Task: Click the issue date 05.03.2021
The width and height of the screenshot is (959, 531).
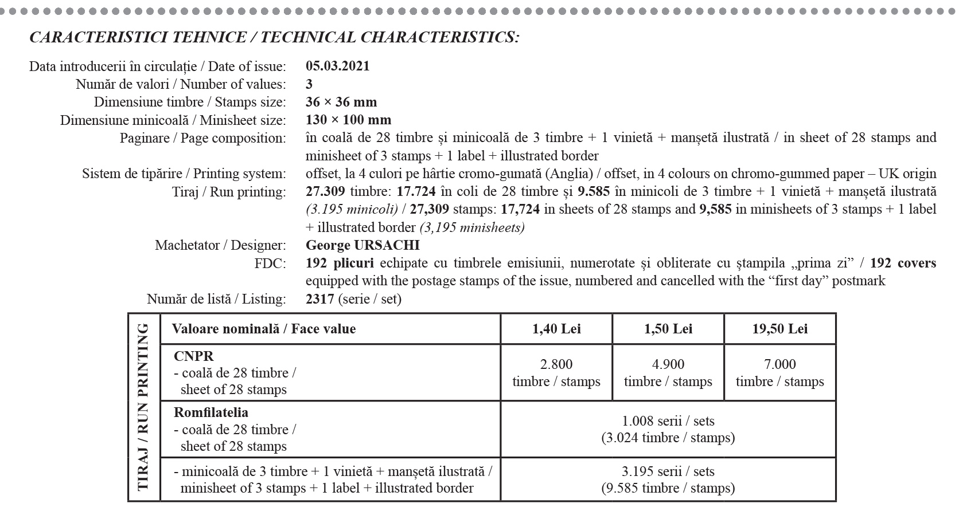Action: click(x=337, y=66)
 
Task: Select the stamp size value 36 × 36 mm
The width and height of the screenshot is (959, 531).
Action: click(x=341, y=102)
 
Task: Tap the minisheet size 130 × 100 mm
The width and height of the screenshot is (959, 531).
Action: click(x=348, y=120)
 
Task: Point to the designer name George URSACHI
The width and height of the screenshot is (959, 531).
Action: click(x=362, y=245)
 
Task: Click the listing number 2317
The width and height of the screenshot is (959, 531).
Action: click(x=319, y=299)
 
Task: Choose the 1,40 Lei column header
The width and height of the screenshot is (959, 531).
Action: click(x=556, y=329)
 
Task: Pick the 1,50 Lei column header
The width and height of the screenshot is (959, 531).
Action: click(x=668, y=329)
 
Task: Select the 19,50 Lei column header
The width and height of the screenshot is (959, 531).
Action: click(x=779, y=329)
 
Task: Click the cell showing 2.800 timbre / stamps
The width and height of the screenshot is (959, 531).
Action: click(x=556, y=373)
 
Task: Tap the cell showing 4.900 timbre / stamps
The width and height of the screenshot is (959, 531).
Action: click(x=668, y=373)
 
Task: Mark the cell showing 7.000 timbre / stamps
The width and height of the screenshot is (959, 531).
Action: click(x=779, y=373)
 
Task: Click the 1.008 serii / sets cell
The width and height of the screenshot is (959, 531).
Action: click(x=668, y=429)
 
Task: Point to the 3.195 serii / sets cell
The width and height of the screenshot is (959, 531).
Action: click(x=668, y=479)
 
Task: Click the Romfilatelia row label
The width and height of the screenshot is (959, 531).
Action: click(x=211, y=412)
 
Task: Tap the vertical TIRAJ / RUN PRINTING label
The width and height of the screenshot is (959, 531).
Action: click(x=143, y=407)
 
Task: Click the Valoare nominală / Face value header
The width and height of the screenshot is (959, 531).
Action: click(x=264, y=329)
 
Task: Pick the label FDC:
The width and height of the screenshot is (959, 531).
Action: click(x=270, y=263)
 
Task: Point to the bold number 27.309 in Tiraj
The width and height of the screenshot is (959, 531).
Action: click(x=325, y=191)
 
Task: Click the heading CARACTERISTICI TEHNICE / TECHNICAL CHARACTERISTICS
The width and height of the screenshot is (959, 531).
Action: click(x=274, y=37)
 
